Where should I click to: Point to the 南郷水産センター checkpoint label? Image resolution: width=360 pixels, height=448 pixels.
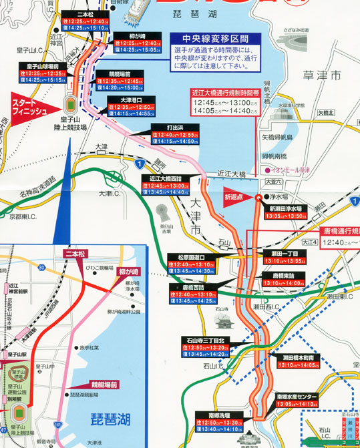[302, 395]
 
